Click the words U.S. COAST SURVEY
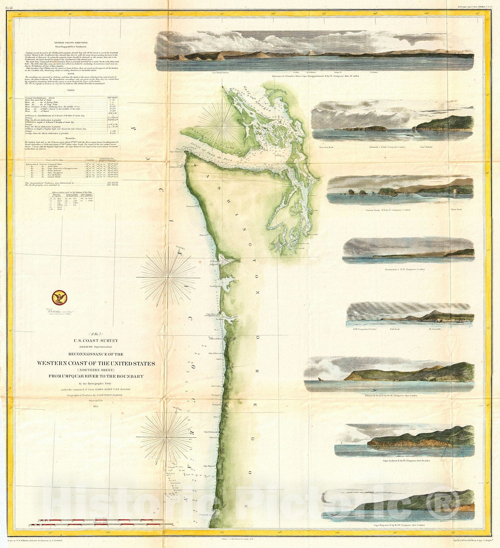[x=96, y=341]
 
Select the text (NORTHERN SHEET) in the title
[x=96, y=370]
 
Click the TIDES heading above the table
[x=71, y=89]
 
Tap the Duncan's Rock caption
[x=326, y=147]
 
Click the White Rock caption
[x=456, y=210]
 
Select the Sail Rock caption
[x=395, y=329]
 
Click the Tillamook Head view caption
[x=391, y=396]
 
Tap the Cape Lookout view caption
[x=406, y=461]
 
